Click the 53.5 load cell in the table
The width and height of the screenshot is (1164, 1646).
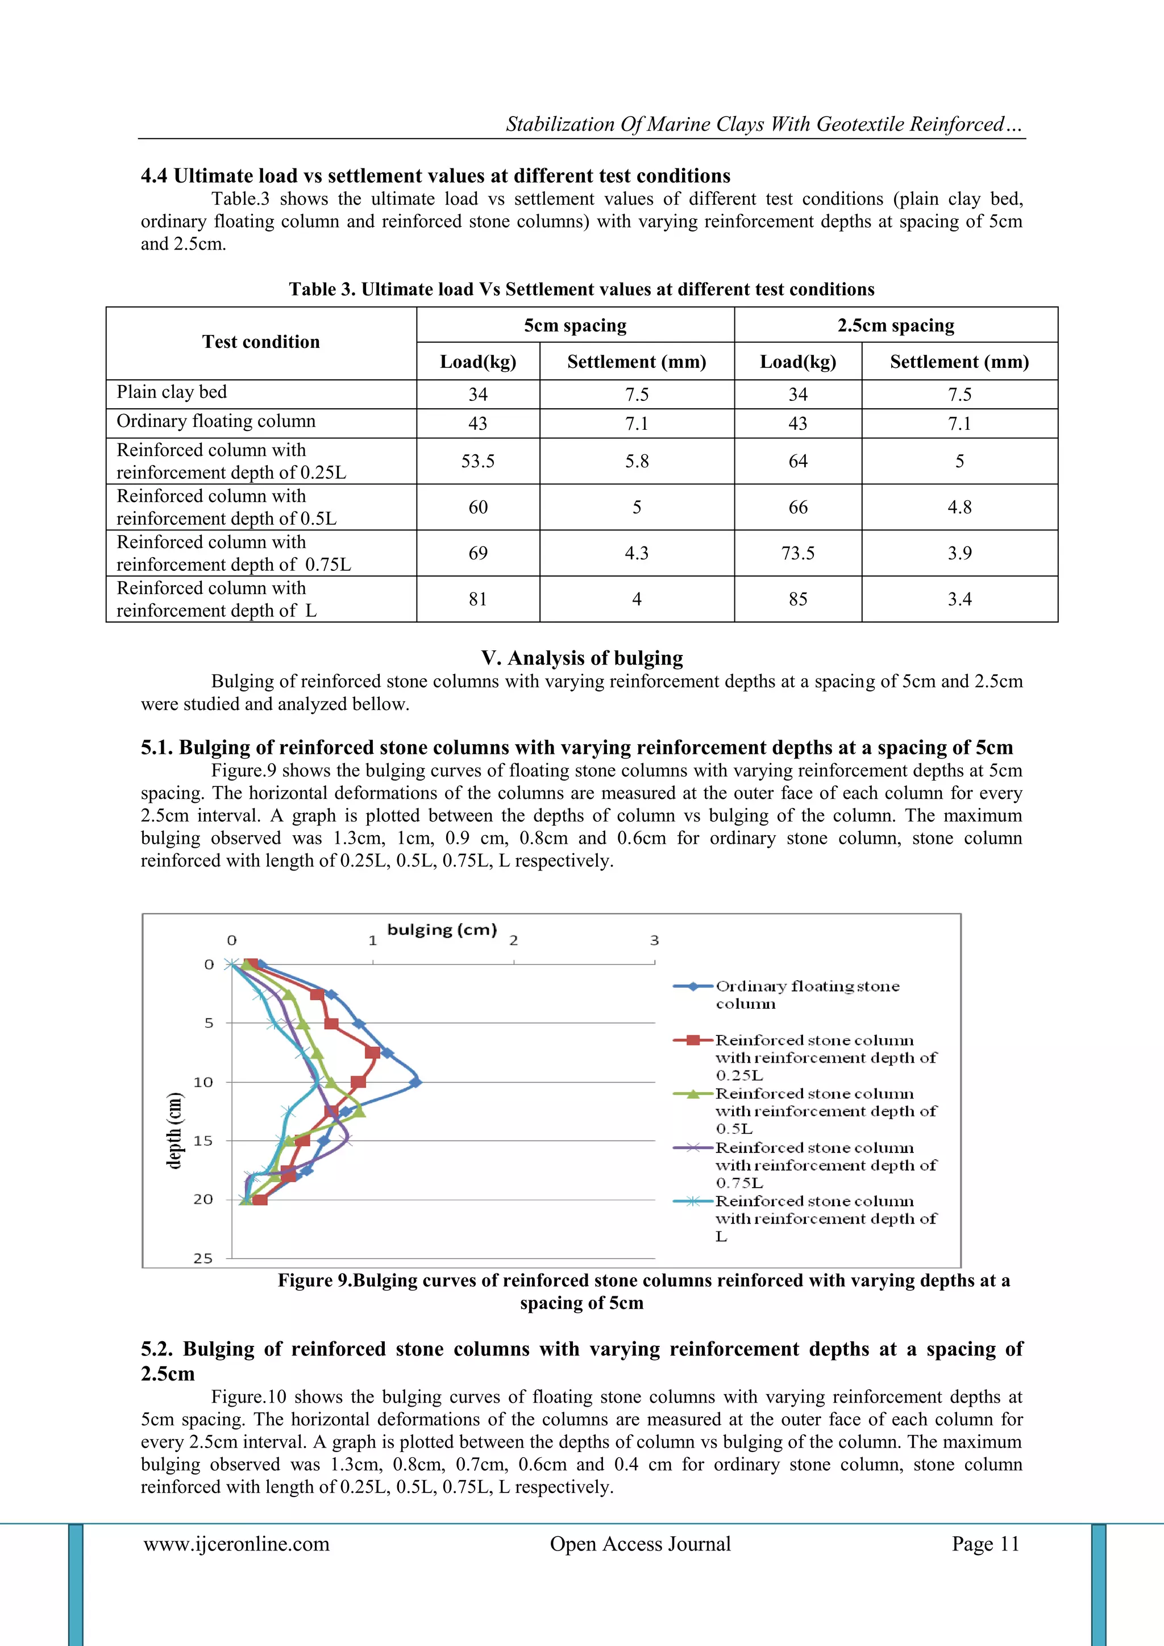coord(477,461)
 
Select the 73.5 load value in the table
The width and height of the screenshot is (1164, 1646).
coord(798,553)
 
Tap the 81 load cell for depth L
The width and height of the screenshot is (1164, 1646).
coord(477,599)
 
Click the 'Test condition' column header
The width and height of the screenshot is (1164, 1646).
coord(261,342)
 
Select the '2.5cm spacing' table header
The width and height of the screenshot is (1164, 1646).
coord(895,325)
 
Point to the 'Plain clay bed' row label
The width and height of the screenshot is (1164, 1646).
coord(172,392)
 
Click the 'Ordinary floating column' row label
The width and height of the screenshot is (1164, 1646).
coord(216,421)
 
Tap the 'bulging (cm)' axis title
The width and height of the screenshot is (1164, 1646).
coord(442,930)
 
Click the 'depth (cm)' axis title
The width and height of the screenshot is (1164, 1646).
coord(174,1130)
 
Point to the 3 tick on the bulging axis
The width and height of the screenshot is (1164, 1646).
coord(654,940)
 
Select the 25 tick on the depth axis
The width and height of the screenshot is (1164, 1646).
coord(203,1258)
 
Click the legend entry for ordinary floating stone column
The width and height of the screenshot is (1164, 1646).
coord(807,994)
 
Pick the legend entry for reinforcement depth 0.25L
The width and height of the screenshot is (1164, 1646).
coord(824,1058)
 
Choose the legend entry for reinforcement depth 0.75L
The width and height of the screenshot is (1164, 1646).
coord(824,1165)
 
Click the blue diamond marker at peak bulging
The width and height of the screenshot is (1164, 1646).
coord(415,1083)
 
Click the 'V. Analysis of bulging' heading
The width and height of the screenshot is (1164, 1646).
coord(582,657)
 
